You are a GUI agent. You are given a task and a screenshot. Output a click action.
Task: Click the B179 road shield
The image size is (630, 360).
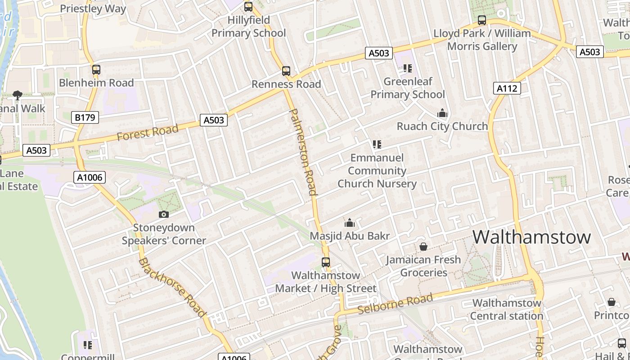pyautogui.click(x=85, y=118)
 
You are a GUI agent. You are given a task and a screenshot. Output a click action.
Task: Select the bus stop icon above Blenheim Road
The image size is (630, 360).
pyautogui.click(x=96, y=70)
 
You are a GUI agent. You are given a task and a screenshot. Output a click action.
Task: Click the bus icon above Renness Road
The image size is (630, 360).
pyautogui.click(x=286, y=71)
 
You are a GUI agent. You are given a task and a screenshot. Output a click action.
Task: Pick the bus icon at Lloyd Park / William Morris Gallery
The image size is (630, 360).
pyautogui.click(x=481, y=20)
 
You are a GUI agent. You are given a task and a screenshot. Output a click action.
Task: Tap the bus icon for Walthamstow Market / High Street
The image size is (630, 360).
pyautogui.click(x=325, y=262)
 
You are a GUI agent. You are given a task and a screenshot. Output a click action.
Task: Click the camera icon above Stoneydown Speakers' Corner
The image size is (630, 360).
pyautogui.click(x=164, y=215)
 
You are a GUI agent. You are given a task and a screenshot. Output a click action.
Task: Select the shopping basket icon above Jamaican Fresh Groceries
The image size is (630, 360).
pyautogui.click(x=423, y=247)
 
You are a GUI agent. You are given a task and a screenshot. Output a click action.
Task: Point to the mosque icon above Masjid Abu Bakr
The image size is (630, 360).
pyautogui.click(x=349, y=223)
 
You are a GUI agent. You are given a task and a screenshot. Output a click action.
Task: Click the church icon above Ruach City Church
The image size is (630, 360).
pyautogui.click(x=442, y=113)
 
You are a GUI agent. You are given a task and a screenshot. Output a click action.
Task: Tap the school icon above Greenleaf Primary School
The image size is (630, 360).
pyautogui.click(x=407, y=68)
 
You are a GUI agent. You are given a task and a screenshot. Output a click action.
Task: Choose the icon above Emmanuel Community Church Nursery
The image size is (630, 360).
pyautogui.click(x=377, y=144)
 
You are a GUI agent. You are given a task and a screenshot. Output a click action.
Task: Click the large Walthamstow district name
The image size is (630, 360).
pyautogui.click(x=531, y=237)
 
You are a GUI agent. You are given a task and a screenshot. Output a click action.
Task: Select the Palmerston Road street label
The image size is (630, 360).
pyautogui.click(x=302, y=152)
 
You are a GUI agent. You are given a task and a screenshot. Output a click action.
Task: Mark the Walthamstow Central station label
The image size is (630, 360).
pyautogui.click(x=507, y=309)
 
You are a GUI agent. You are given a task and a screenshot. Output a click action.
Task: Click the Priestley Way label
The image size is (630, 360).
pyautogui.click(x=93, y=9)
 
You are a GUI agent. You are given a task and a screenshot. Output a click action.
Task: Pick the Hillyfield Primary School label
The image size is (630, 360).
pyautogui.click(x=248, y=27)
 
